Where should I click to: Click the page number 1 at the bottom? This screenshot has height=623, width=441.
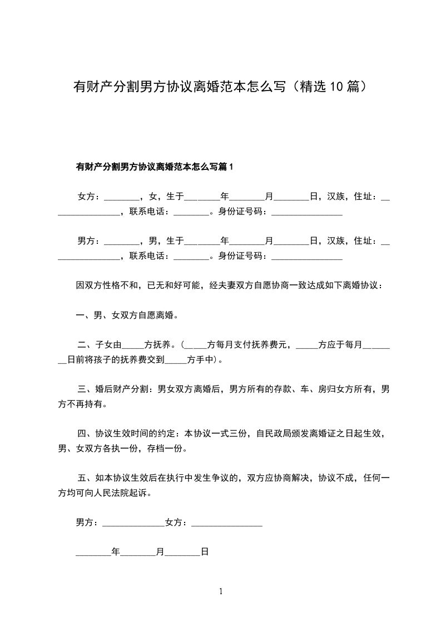(221, 591)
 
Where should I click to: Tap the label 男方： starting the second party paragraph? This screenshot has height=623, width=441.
(89, 240)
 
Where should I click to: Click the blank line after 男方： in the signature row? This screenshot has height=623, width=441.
(133, 523)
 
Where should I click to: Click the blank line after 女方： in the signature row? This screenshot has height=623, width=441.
(227, 523)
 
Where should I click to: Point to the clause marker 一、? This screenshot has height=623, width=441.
(85, 315)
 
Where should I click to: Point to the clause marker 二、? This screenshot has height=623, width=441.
(86, 345)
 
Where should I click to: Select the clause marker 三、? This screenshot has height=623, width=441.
(86, 389)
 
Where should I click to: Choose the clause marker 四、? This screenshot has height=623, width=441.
(86, 434)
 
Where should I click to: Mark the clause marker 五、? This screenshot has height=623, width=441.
(86, 478)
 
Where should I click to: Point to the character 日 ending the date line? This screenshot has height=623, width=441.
(204, 552)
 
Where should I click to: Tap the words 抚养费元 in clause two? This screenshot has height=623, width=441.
(272, 345)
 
